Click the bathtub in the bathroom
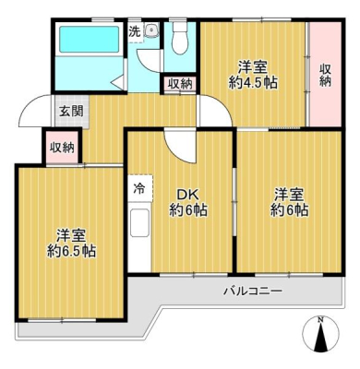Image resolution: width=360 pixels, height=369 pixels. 89,39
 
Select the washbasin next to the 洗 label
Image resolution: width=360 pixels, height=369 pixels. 151,30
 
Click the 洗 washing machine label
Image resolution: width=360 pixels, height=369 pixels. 134,31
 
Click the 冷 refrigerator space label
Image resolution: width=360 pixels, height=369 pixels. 139,189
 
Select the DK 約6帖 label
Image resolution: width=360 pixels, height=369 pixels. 188,203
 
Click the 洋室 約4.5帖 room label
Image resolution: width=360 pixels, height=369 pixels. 253,75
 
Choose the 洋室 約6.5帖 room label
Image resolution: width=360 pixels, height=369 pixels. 71,244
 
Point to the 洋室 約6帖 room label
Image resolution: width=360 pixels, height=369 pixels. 289,202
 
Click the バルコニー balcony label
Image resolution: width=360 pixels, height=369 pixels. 253,291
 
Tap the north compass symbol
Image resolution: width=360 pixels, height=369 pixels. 321,334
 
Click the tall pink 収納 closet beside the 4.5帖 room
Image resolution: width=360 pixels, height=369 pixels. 325,74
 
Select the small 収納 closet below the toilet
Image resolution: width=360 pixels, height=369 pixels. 180,84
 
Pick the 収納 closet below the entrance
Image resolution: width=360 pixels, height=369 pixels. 62,148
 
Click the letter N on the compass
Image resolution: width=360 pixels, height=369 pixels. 320,320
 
